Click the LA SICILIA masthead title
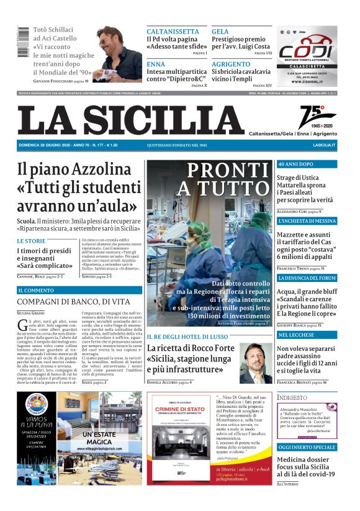131,120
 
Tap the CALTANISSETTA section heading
173,31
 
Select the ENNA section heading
156,64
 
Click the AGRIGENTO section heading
231,64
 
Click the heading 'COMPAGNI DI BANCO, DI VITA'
73,302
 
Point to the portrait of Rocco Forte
256,363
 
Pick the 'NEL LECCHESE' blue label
297,335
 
